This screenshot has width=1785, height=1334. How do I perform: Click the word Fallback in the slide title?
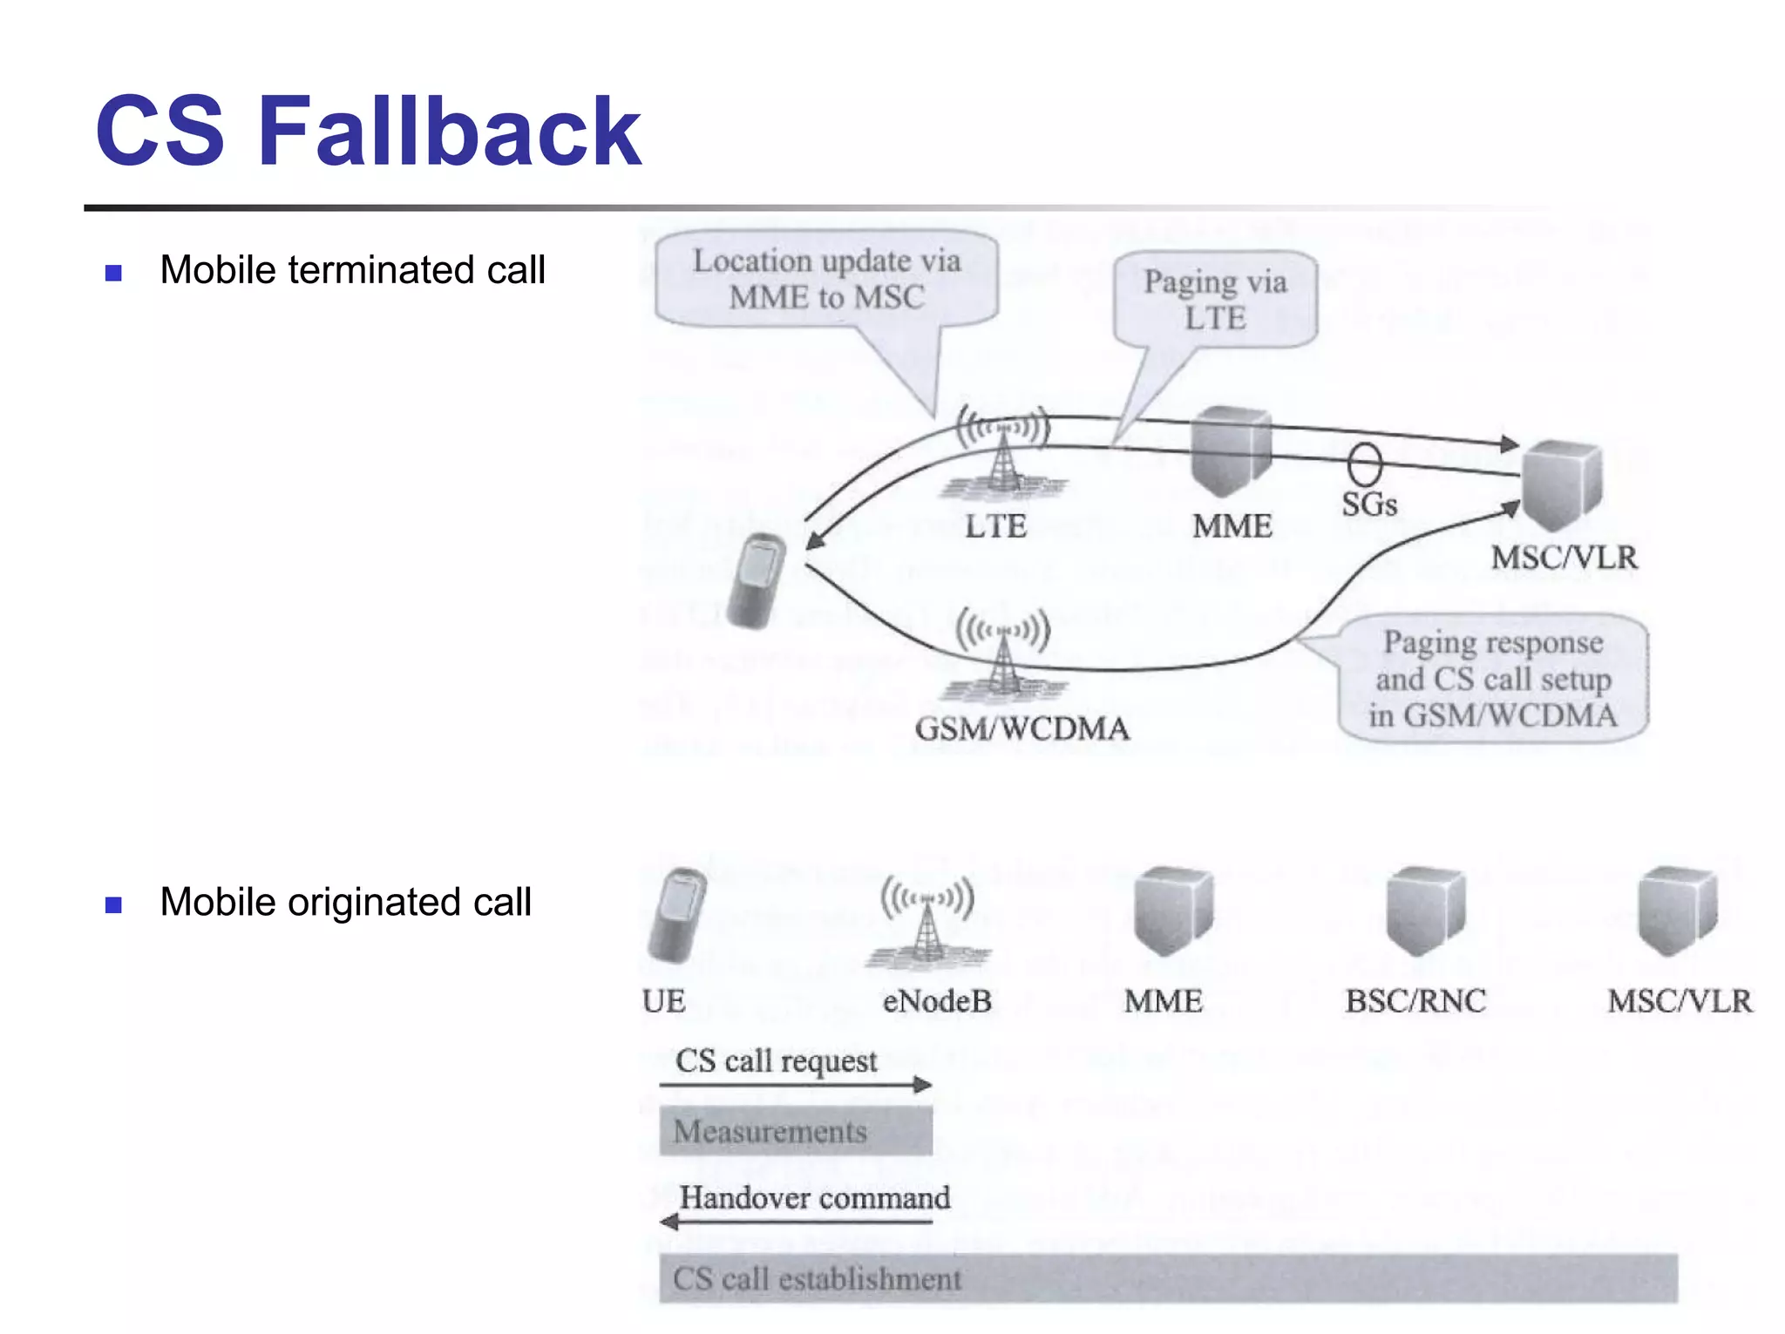click(449, 132)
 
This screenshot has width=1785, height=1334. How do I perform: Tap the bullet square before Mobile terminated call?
click(113, 273)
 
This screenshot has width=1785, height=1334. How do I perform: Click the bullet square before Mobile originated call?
click(113, 904)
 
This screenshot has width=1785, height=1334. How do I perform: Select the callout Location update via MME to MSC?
click(826, 280)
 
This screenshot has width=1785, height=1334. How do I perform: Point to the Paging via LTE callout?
click(1215, 300)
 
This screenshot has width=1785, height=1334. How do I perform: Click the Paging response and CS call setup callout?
click(1492, 679)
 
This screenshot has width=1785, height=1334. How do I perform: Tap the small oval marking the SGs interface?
click(1365, 464)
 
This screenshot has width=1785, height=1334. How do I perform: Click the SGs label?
click(1368, 504)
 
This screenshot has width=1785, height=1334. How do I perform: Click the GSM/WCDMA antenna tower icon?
click(1004, 654)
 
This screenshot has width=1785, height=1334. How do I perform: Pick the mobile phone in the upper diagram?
click(757, 580)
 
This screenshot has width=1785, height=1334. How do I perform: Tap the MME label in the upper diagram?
click(1232, 526)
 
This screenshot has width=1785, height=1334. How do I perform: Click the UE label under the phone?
click(663, 1001)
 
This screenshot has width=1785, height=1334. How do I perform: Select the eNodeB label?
click(937, 1001)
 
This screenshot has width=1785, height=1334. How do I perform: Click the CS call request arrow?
click(795, 1085)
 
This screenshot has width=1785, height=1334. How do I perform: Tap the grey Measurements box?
click(795, 1131)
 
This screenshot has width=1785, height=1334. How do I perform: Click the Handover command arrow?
click(795, 1222)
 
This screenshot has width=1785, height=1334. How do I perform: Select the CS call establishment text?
click(817, 1279)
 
